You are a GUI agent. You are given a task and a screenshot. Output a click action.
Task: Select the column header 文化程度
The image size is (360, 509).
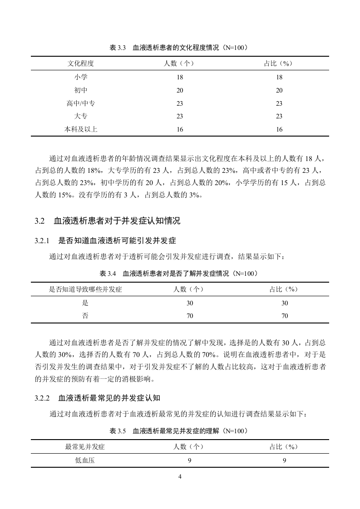coord(80,64)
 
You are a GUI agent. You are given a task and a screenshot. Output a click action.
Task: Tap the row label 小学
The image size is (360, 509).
coord(80,77)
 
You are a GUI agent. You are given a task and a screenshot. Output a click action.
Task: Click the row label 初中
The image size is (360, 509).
coord(80,90)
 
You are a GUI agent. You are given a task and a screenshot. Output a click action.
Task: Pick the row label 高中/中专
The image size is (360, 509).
coord(80,103)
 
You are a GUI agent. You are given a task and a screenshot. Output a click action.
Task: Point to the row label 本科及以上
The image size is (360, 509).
coord(80,129)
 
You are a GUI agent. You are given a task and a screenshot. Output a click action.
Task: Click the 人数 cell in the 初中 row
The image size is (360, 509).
coord(180,90)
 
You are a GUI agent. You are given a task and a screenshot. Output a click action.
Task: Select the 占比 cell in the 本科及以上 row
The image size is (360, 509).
coord(279,129)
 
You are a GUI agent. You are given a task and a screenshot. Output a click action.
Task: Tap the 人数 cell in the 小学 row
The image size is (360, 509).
coord(180,77)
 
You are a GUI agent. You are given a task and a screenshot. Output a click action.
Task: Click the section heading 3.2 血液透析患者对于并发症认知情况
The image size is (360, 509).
coord(108,221)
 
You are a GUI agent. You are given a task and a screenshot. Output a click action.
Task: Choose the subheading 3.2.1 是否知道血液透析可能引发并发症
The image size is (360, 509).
coord(105,240)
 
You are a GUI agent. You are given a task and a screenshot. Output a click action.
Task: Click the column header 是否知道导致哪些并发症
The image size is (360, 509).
coord(85,289)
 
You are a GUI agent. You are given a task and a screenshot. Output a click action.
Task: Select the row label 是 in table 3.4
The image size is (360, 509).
coord(85,303)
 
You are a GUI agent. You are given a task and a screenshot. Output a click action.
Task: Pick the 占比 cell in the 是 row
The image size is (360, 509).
coord(285,303)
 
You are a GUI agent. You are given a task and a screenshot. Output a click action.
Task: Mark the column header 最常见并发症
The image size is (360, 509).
coord(85,447)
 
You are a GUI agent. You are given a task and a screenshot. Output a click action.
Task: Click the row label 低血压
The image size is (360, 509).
coord(85,460)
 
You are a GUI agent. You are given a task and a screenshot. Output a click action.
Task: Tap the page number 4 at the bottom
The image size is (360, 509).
coord(180,477)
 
